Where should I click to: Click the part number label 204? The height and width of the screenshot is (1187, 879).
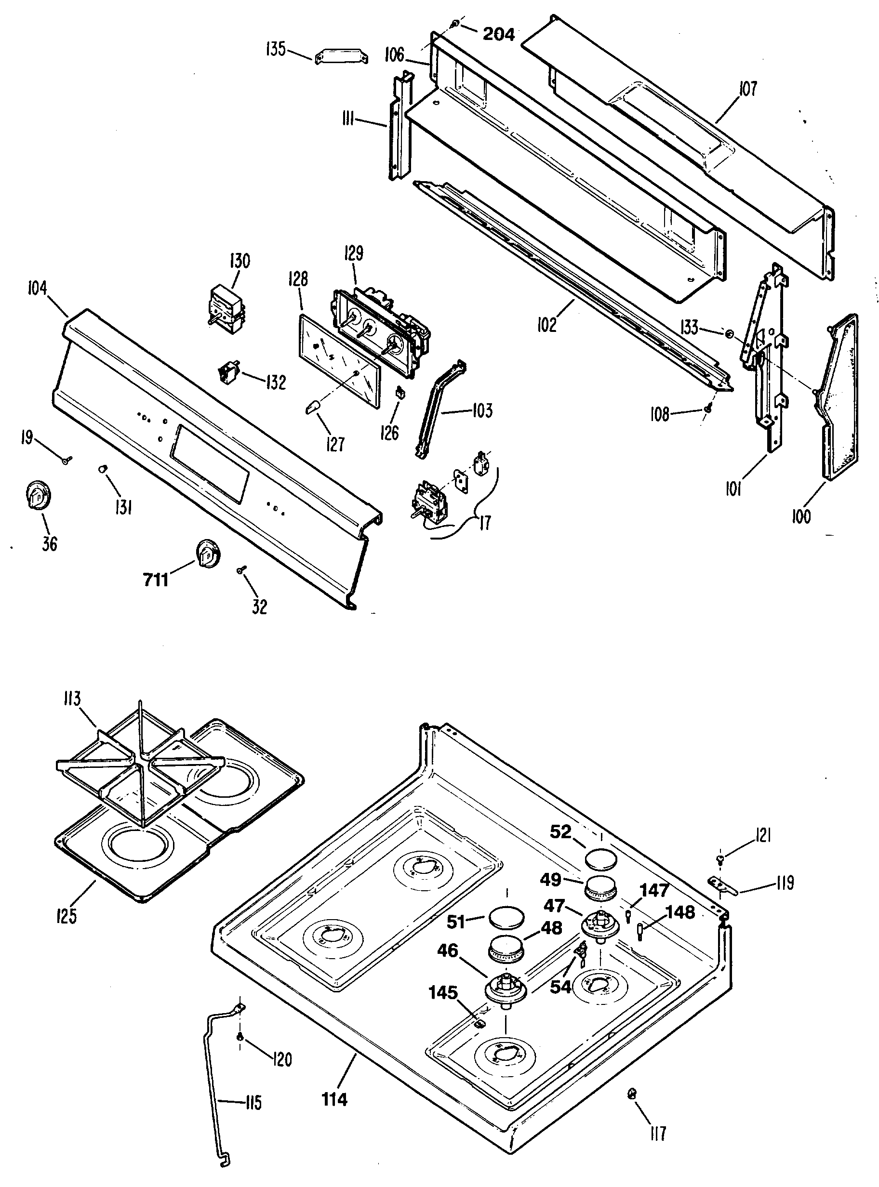[x=499, y=35]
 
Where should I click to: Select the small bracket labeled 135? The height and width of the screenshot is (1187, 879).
[x=342, y=57]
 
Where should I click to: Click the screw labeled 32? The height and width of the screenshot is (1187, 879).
[x=241, y=570]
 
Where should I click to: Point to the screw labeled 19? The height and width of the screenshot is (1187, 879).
[x=67, y=460]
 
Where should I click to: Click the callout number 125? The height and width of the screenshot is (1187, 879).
[x=66, y=916]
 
